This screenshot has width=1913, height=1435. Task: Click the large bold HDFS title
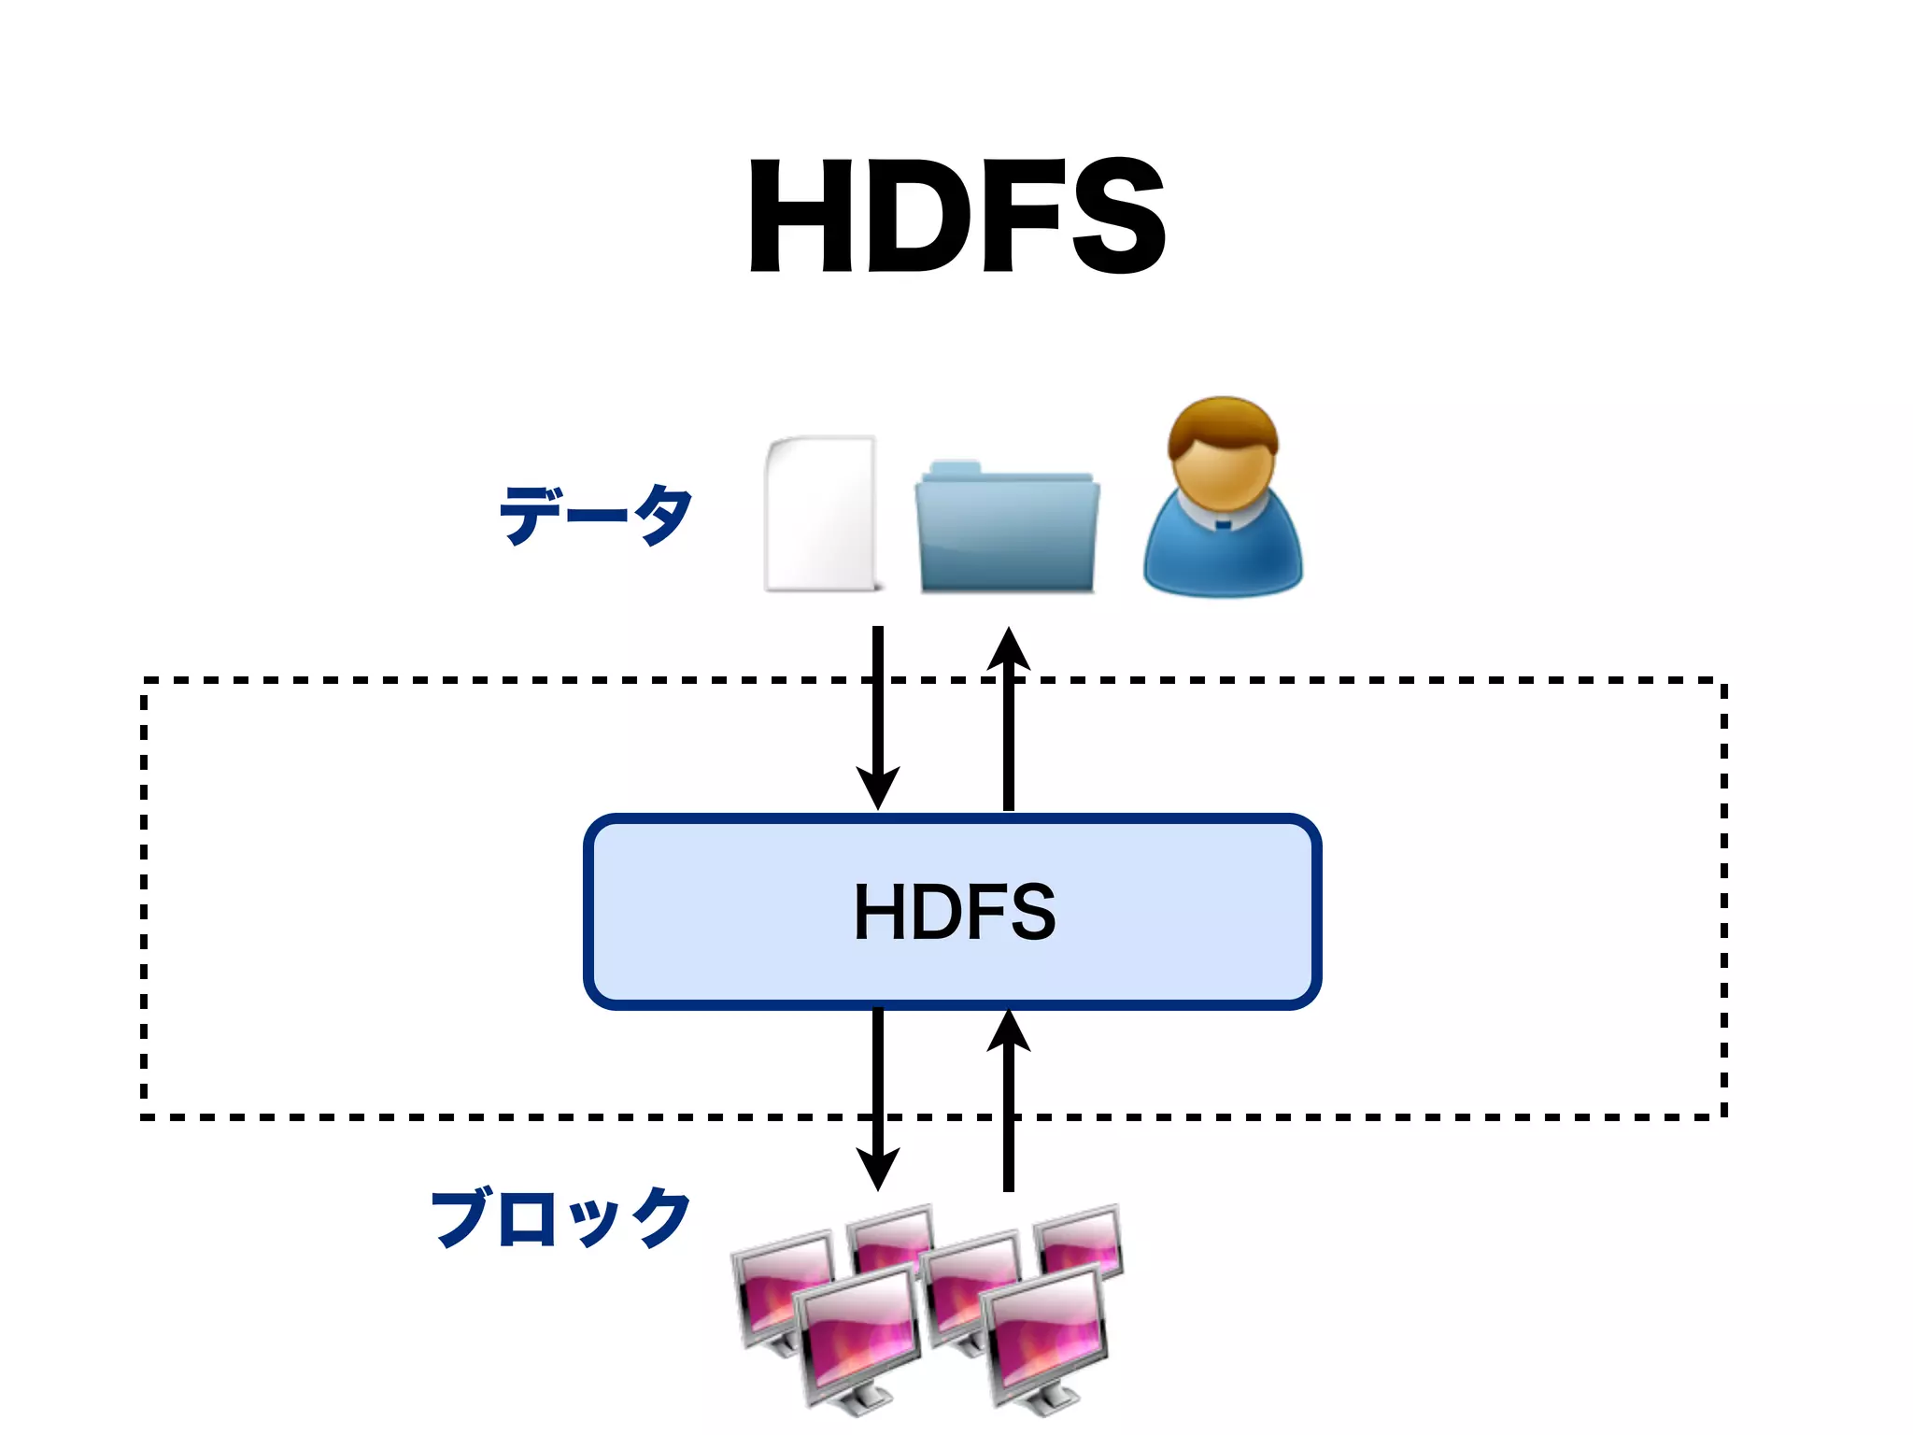pyautogui.click(x=956, y=216)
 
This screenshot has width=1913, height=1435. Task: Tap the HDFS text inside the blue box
pyautogui.click(x=955, y=912)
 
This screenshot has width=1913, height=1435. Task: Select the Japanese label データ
pyautogui.click(x=596, y=514)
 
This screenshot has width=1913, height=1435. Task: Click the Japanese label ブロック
pyautogui.click(x=560, y=1218)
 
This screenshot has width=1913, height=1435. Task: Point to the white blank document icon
pyautogui.click(x=821, y=514)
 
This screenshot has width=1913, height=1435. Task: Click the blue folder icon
pyautogui.click(x=1007, y=529)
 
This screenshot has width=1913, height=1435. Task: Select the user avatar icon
pyautogui.click(x=1222, y=500)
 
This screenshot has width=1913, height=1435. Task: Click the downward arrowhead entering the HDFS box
pyautogui.click(x=878, y=787)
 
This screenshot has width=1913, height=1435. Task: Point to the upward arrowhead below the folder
pyautogui.click(x=1009, y=649)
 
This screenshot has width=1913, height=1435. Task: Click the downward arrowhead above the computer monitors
pyautogui.click(x=878, y=1168)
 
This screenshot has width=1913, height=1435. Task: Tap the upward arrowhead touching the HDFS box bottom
pyautogui.click(x=1009, y=1033)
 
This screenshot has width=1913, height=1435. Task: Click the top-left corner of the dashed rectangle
pyautogui.click(x=145, y=682)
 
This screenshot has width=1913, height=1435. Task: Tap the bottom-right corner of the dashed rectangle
pyautogui.click(x=1723, y=1115)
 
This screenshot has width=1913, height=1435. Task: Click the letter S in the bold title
pyautogui.click(x=1118, y=216)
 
